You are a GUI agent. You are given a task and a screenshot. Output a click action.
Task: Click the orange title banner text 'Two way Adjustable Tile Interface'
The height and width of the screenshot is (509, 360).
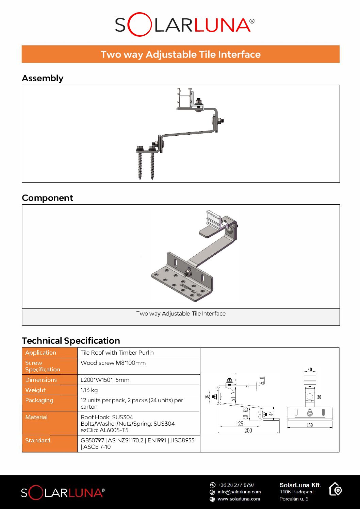180,54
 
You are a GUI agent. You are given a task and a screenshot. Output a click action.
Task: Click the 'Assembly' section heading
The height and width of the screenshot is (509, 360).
43,78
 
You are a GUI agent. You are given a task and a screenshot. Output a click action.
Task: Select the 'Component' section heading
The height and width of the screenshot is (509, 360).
47,198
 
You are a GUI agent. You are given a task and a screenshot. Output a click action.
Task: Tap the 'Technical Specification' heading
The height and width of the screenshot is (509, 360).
71,341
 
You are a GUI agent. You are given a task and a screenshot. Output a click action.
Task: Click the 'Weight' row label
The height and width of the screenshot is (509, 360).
35,390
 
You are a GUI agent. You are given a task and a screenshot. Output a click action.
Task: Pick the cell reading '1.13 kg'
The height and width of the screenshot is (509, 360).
89,390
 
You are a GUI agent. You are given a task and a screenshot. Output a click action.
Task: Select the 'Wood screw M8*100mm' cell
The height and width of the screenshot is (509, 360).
113,363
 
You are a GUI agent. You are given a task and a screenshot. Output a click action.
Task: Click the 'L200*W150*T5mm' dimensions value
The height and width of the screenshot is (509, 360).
105,380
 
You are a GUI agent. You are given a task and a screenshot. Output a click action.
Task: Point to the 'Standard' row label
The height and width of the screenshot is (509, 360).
37,440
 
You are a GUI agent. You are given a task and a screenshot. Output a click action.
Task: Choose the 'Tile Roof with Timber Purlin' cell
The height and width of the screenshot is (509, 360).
117,353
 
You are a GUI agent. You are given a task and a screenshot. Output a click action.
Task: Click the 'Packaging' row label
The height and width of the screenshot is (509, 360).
39,400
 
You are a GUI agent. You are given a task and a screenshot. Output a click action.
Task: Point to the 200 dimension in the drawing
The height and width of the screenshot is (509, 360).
248,430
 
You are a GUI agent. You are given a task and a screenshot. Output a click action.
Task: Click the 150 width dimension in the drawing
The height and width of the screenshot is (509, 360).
310,425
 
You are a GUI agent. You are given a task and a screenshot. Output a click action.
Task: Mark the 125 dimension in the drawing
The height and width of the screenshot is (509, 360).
240,424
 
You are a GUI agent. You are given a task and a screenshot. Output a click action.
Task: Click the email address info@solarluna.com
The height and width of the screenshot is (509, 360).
239,492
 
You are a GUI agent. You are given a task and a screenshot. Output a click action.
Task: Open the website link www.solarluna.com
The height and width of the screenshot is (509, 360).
239,499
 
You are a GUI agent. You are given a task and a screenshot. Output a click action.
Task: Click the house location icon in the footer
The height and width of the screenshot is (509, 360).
335,489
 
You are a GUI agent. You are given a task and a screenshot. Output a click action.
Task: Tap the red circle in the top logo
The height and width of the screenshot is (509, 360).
139,24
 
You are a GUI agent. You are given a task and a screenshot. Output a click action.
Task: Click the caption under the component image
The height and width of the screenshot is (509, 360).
181,313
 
